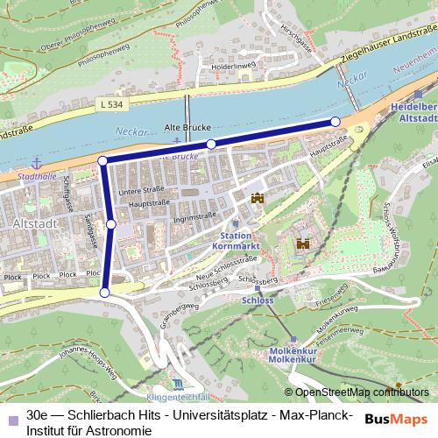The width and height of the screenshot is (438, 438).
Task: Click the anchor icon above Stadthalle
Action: tap(37, 162)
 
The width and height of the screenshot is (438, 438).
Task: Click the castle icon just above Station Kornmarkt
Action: tap(257, 199)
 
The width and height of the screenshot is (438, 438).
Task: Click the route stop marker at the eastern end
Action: tap(335, 122)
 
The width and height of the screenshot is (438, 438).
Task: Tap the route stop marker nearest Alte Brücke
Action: tap(211, 144)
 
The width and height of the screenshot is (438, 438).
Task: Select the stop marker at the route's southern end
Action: tap(105, 293)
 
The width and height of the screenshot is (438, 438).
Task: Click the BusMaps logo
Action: tap(397, 419)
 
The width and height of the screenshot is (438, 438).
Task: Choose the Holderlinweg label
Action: tap(231, 66)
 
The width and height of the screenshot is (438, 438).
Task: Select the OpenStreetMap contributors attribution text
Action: tap(358, 392)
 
